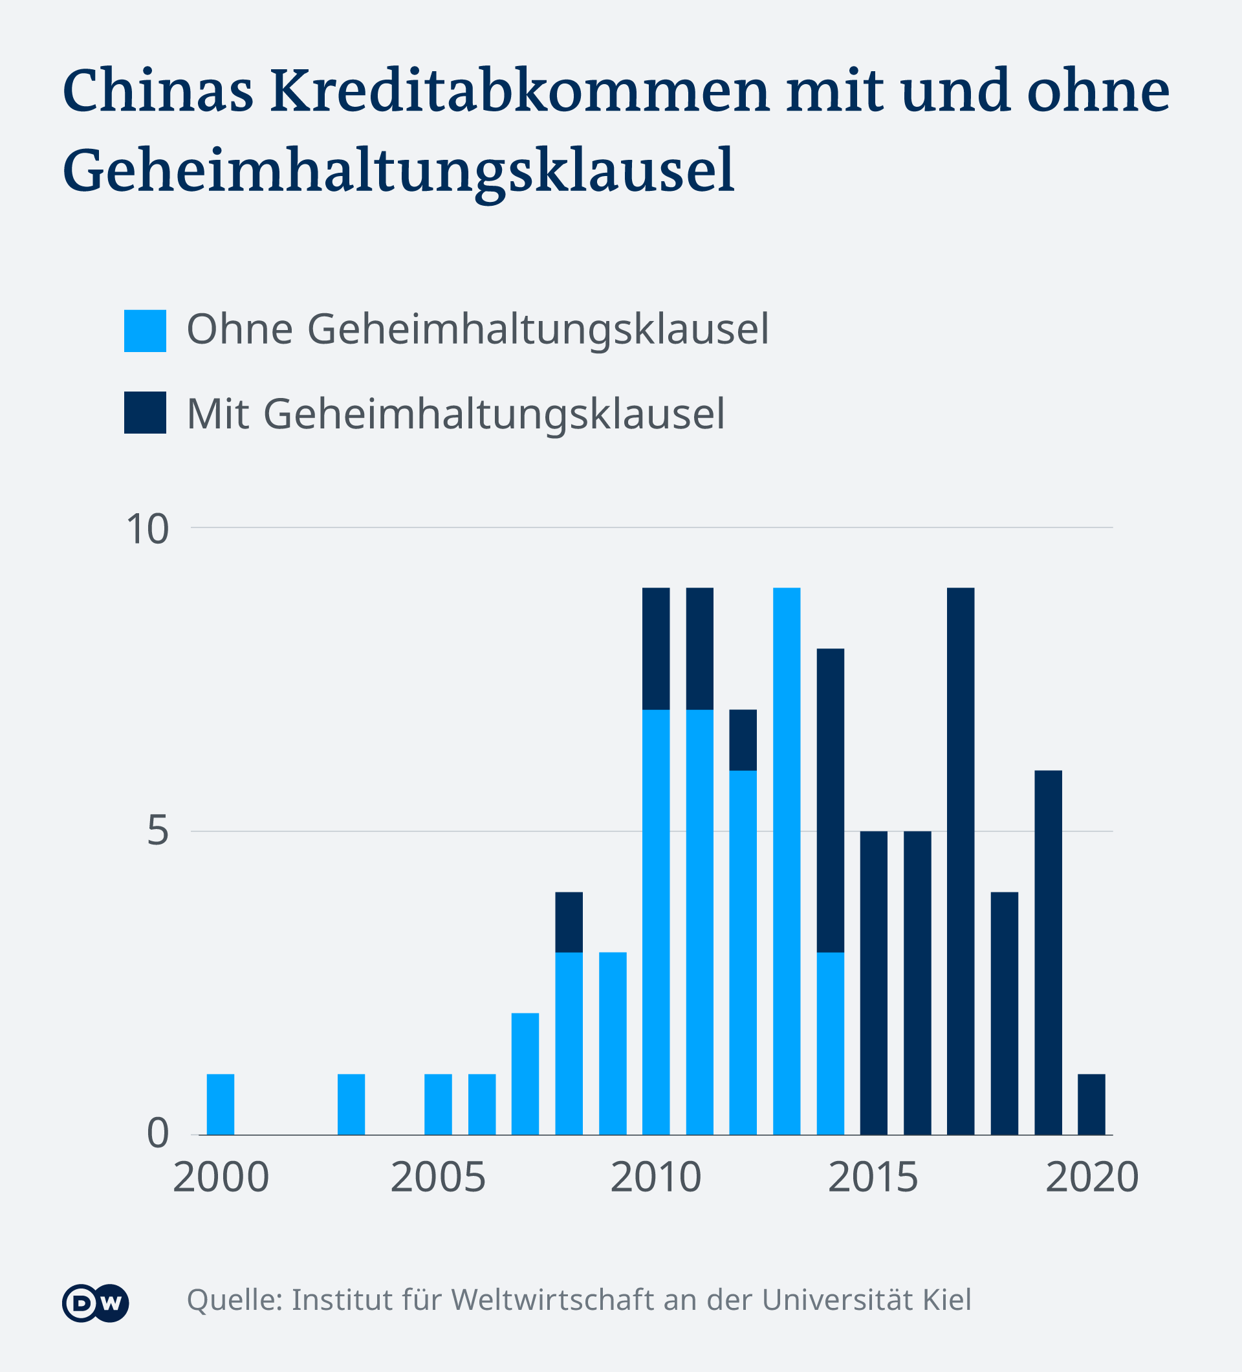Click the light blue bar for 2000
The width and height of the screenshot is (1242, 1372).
[x=221, y=1104]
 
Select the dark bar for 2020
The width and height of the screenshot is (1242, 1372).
[x=1091, y=1104]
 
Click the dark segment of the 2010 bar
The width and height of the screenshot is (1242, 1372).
[x=656, y=648]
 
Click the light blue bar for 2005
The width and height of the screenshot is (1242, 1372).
[x=438, y=1104]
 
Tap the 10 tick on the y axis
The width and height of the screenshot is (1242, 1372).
[x=147, y=529]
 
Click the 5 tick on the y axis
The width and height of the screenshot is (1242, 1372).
[x=157, y=832]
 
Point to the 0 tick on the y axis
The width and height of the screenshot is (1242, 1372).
[x=157, y=1133]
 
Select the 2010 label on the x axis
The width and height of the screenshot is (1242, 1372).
[x=656, y=1177]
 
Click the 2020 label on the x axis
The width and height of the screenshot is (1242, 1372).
[x=1091, y=1177]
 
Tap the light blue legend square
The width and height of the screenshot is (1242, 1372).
[x=145, y=331]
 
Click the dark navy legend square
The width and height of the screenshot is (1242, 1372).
[x=145, y=412]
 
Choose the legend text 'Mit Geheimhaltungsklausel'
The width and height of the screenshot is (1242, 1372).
[x=455, y=414]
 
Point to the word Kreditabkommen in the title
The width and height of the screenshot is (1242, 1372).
[x=519, y=91]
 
